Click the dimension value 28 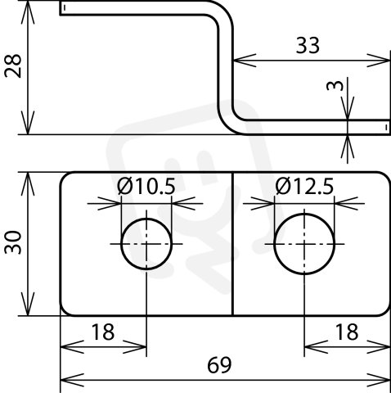click(x=13, y=66)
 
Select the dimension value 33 click(x=308, y=45)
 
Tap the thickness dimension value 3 click(x=335, y=86)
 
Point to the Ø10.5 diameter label click(x=146, y=187)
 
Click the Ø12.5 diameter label click(x=304, y=187)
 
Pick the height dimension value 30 click(x=13, y=242)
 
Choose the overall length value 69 click(x=219, y=365)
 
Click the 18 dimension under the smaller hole click(x=102, y=332)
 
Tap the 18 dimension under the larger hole click(x=347, y=332)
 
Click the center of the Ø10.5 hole click(x=146, y=244)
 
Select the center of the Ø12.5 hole click(x=304, y=244)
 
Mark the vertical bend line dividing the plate click(x=232, y=244)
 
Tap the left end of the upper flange click(x=60, y=8)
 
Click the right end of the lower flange click(x=389, y=127)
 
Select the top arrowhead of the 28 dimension click(x=28, y=11)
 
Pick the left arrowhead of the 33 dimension click(x=245, y=61)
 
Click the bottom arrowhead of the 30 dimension click(x=28, y=305)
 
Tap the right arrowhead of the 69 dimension click(x=379, y=380)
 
